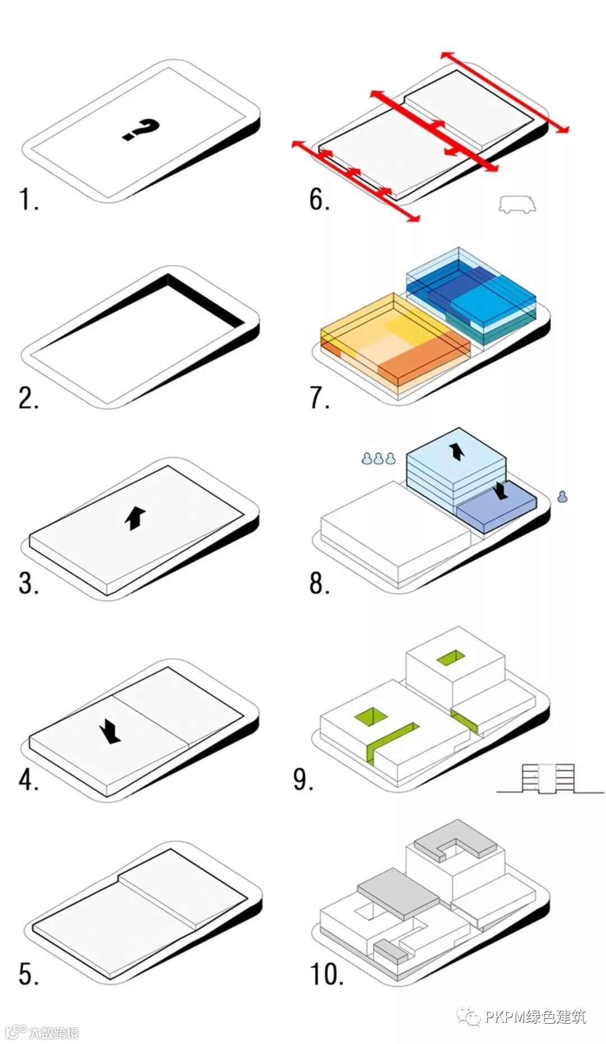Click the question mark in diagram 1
click(141, 130)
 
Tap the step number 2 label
click(29, 398)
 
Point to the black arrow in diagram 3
click(135, 518)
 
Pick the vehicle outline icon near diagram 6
click(517, 205)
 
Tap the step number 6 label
click(319, 199)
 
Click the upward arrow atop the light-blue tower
click(457, 451)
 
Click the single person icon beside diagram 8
click(562, 496)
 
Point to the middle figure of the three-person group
click(379, 459)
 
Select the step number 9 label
click(303, 779)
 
